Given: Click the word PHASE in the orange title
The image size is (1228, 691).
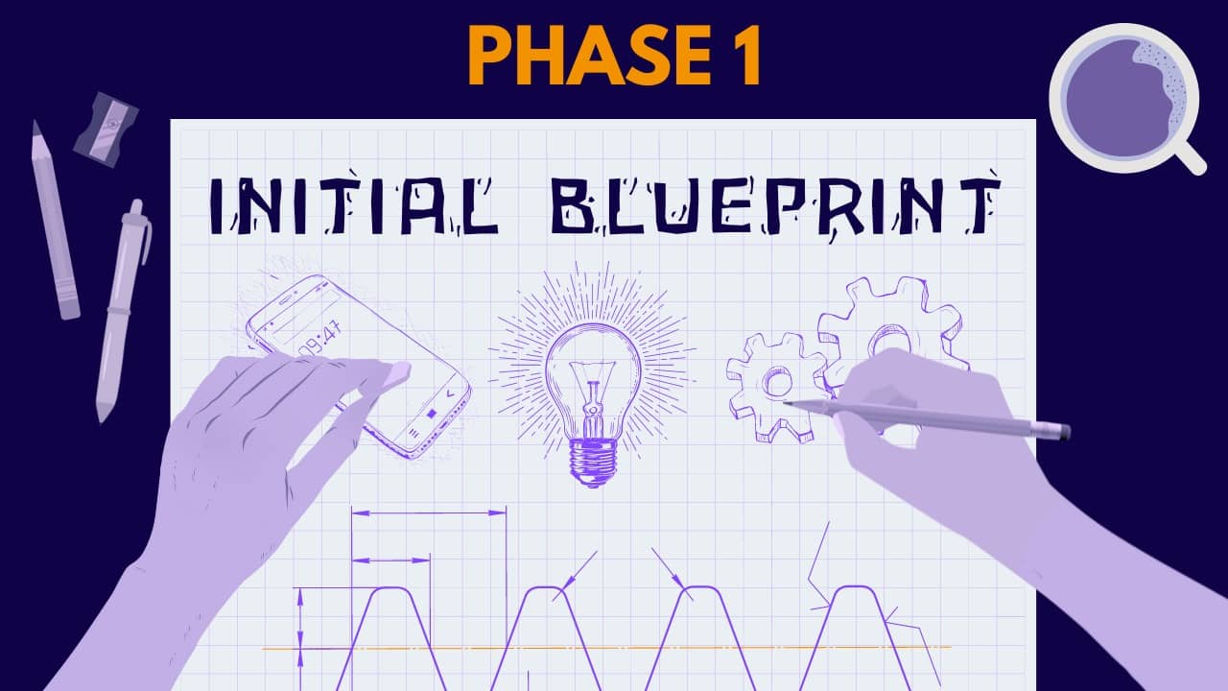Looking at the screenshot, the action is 589,56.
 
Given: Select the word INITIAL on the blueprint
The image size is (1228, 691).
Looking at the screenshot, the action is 354,205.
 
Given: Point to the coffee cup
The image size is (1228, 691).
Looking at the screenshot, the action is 1123,98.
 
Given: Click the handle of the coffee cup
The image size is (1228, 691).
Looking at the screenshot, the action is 1189,156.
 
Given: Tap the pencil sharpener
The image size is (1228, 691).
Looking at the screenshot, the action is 106,130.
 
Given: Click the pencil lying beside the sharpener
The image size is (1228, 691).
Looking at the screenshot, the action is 56,220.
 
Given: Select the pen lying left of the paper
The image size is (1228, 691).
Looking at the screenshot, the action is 124,311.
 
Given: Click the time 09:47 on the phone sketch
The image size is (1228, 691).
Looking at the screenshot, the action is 319,339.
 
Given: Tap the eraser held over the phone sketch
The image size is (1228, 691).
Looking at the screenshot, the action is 398,373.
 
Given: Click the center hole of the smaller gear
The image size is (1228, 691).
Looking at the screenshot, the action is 777,382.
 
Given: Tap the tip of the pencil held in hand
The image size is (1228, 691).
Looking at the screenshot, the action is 785,403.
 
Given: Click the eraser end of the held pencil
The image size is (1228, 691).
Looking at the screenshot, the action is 1064,432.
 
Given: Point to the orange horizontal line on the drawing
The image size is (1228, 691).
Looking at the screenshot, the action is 605,648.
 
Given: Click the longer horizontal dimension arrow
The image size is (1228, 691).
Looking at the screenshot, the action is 428,512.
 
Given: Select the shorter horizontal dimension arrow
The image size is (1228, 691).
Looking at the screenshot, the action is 390,560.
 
